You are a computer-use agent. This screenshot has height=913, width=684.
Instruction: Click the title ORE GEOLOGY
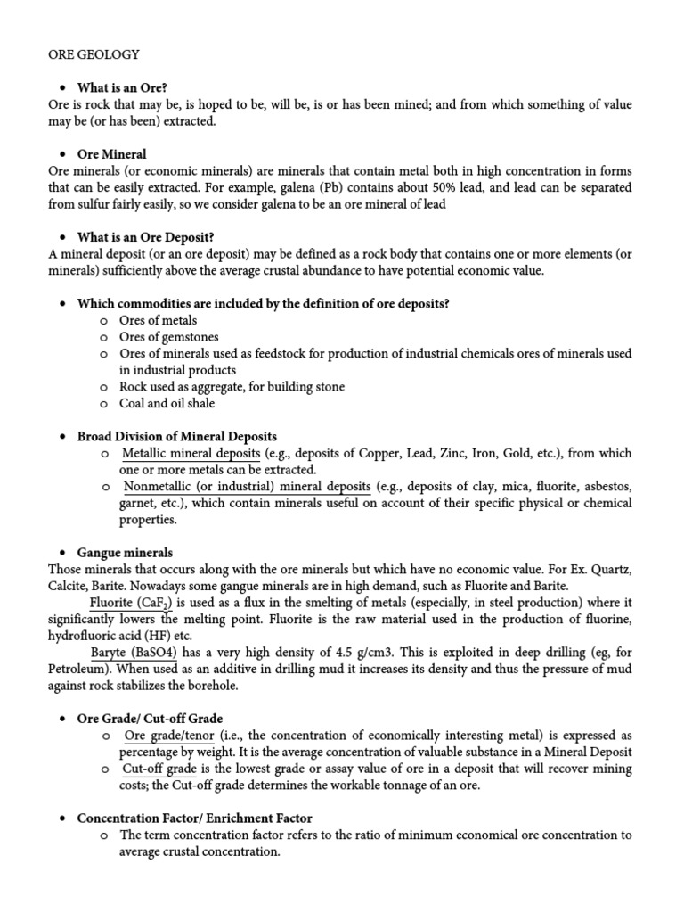(94, 54)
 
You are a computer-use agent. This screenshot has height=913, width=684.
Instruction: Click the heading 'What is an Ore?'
(122, 88)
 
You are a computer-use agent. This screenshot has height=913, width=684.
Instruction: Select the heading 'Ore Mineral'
(111, 154)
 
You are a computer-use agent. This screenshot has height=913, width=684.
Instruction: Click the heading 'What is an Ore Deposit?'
(144, 237)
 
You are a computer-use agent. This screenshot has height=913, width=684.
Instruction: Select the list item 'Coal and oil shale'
(169, 403)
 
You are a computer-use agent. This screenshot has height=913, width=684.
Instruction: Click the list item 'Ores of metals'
(159, 320)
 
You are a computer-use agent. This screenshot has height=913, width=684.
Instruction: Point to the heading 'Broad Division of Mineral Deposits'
(176, 437)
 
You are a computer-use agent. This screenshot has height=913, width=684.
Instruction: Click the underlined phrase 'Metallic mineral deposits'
(191, 453)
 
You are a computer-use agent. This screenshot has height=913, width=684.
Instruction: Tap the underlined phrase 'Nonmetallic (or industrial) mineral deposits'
(247, 487)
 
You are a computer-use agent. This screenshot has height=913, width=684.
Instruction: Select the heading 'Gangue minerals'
(125, 553)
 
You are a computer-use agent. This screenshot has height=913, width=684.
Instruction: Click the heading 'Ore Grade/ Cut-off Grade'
(150, 719)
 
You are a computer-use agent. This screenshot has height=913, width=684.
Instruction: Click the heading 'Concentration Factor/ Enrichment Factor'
(194, 818)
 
